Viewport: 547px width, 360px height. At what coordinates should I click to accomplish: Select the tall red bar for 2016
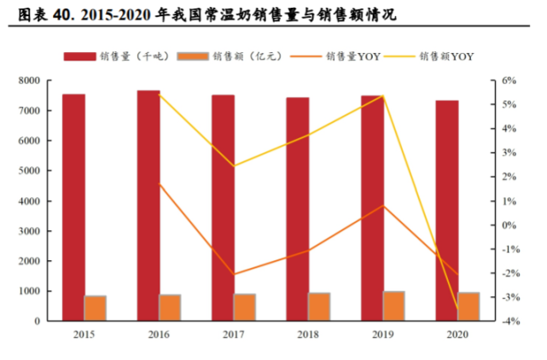coord(148,206)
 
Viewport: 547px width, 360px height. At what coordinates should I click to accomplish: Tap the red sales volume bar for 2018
coord(297,209)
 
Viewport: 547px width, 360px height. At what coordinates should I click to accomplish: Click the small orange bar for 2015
coord(96,308)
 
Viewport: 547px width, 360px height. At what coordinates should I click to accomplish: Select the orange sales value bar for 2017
coord(245,307)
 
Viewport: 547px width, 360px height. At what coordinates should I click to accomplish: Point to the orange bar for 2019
coord(393,305)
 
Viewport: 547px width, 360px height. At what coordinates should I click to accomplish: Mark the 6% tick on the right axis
coord(509,81)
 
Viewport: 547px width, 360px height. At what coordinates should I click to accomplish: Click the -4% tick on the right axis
coord(509,322)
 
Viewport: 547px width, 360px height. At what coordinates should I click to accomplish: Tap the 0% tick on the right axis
coord(509,225)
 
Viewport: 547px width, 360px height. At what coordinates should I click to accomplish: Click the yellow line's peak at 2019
coord(383,96)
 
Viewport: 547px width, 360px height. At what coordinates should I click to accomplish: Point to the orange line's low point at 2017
coord(234,275)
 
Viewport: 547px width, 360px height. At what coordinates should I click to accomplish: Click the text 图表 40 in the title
coord(35,15)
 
